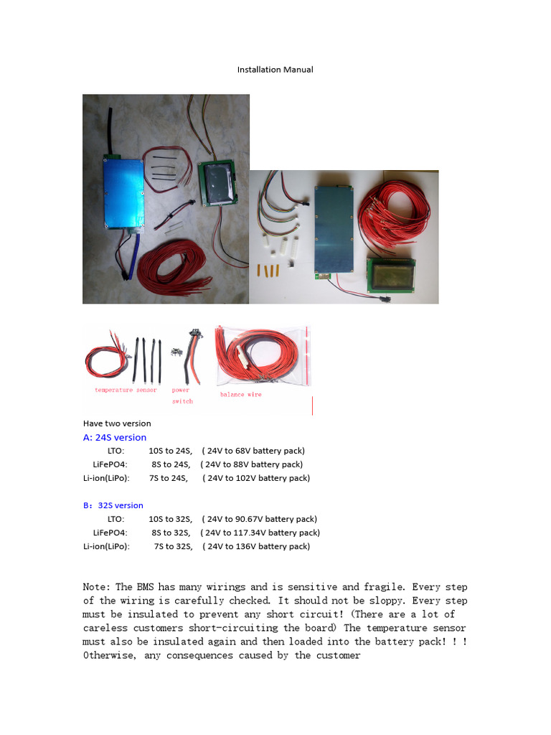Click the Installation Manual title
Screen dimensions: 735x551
coord(275,70)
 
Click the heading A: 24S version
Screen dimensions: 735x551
coord(115,437)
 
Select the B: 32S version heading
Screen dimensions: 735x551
coord(113,505)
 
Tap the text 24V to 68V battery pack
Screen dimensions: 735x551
coord(253,451)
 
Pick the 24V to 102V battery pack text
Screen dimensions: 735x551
coord(256,478)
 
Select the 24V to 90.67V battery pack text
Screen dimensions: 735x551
coord(259,519)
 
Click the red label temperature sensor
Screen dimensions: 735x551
coord(126,390)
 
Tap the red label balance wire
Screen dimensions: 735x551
coord(241,395)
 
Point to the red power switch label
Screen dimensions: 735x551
coord(182,395)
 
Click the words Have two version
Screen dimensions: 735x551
coord(117,423)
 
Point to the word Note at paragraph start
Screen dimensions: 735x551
coord(97,587)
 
